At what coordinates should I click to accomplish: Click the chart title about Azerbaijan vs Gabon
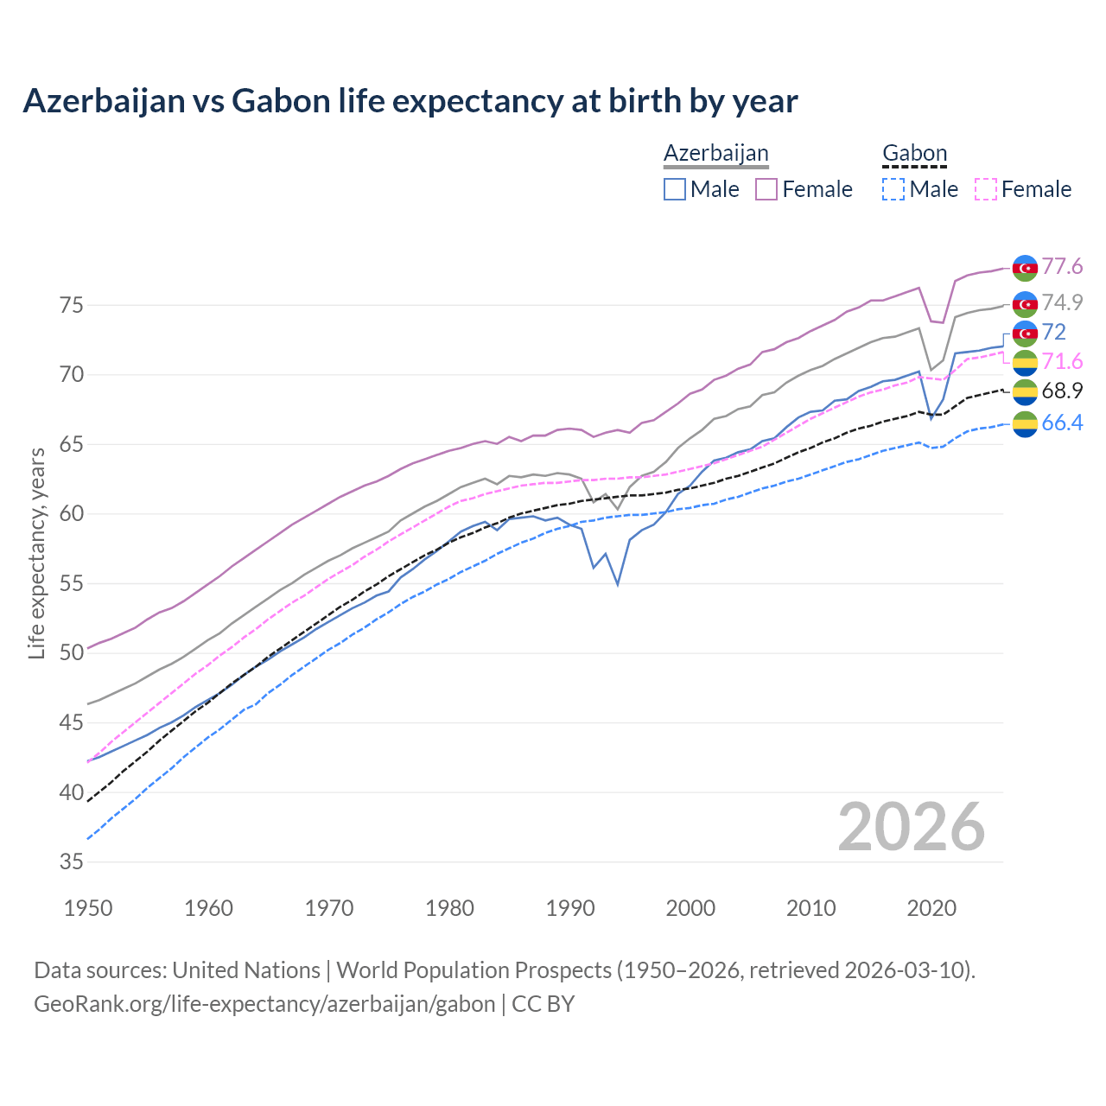(x=410, y=101)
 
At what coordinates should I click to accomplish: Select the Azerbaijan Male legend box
(x=675, y=189)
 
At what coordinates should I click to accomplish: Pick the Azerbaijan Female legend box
(x=766, y=189)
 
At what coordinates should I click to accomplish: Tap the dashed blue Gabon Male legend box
(x=893, y=189)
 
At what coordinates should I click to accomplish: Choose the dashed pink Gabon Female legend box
(x=986, y=189)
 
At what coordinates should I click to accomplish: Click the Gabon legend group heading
(x=914, y=154)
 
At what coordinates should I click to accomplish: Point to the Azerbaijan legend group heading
(x=715, y=154)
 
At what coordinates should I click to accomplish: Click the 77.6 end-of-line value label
(x=1062, y=266)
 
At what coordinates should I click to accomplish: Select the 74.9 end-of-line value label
(x=1062, y=302)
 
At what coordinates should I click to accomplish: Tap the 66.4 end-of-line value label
(x=1062, y=423)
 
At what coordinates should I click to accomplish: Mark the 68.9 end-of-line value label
(x=1062, y=391)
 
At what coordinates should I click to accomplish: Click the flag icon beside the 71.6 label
(x=1025, y=362)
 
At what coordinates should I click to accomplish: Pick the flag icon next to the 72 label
(x=1025, y=333)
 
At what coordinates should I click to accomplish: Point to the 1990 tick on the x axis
(x=570, y=908)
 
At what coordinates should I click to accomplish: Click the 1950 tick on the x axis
(x=88, y=908)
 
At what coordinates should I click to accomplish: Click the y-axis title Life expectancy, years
(x=36, y=553)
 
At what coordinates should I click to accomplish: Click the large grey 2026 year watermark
(x=911, y=827)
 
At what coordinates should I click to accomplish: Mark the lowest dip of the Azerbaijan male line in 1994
(x=617, y=584)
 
